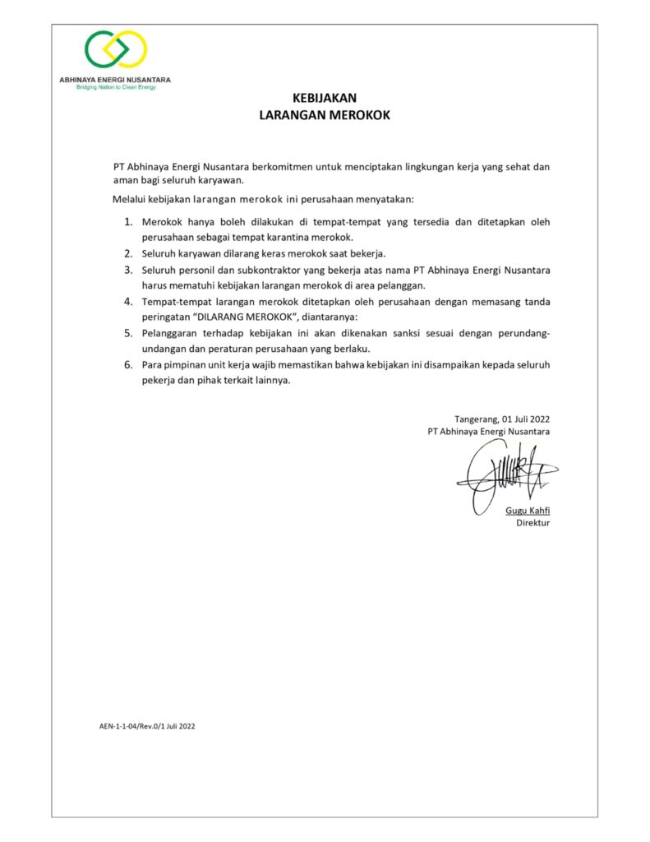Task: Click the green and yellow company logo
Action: tap(116, 50)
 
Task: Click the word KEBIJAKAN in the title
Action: tap(325, 98)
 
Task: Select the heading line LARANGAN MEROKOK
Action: tap(325, 115)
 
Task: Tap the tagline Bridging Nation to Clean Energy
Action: tap(116, 86)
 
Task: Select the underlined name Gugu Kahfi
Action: tap(528, 511)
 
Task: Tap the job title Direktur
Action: tap(532, 523)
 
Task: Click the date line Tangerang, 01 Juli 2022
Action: tap(502, 419)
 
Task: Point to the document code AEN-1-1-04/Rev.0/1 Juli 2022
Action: tap(147, 726)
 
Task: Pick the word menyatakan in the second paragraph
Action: tap(385, 199)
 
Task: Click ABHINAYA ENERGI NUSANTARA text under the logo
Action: tap(116, 79)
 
